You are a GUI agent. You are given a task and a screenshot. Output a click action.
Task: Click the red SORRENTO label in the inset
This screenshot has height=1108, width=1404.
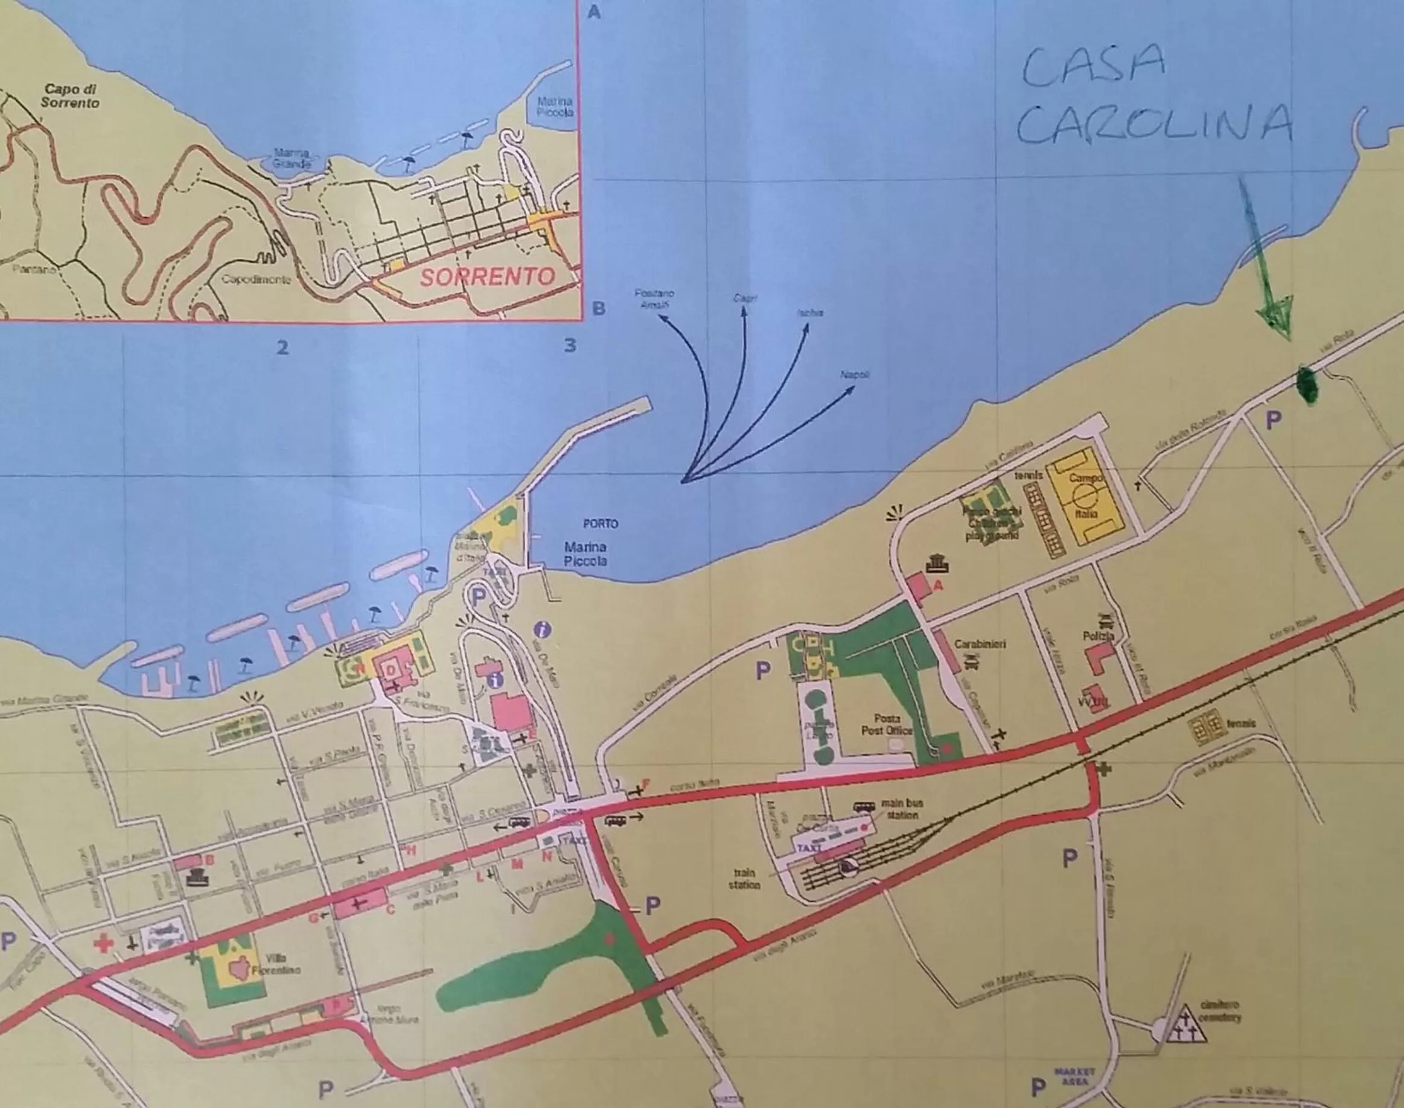click(487, 277)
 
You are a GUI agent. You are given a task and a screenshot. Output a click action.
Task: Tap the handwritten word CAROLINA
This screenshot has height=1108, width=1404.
click(1154, 124)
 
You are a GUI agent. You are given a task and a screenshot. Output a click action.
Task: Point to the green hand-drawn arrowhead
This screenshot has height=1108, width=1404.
click(1276, 316)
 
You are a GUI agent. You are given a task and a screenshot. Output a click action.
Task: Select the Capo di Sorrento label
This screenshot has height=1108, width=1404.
click(70, 96)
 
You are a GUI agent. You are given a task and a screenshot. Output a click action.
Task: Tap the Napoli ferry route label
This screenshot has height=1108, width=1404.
click(855, 375)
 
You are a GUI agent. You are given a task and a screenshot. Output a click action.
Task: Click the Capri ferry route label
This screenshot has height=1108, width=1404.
click(745, 298)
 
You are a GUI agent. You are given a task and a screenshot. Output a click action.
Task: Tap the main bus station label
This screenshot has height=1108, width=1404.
click(902, 809)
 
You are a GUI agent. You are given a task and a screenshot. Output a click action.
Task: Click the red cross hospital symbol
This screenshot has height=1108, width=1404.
click(103, 944)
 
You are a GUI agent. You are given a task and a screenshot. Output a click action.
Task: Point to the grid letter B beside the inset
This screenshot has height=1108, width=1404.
click(598, 308)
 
